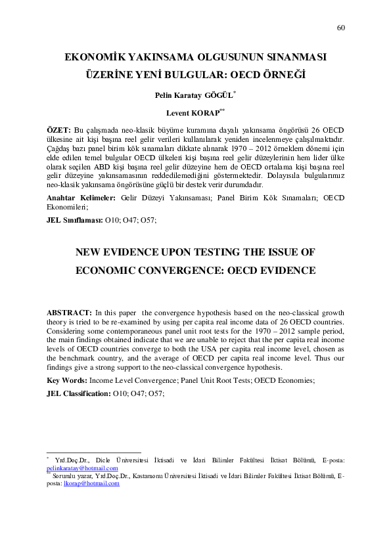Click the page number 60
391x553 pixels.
340,28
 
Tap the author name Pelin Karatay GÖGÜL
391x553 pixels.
194,95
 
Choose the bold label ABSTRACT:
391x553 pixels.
70,313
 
